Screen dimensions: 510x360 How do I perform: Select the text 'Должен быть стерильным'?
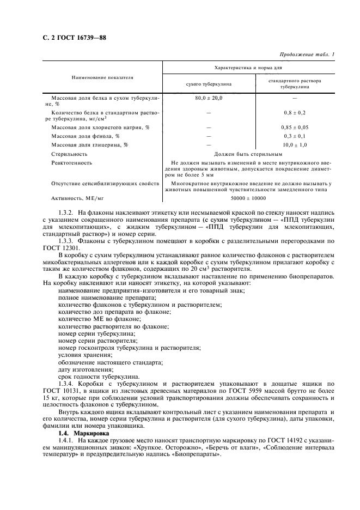(248, 154)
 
